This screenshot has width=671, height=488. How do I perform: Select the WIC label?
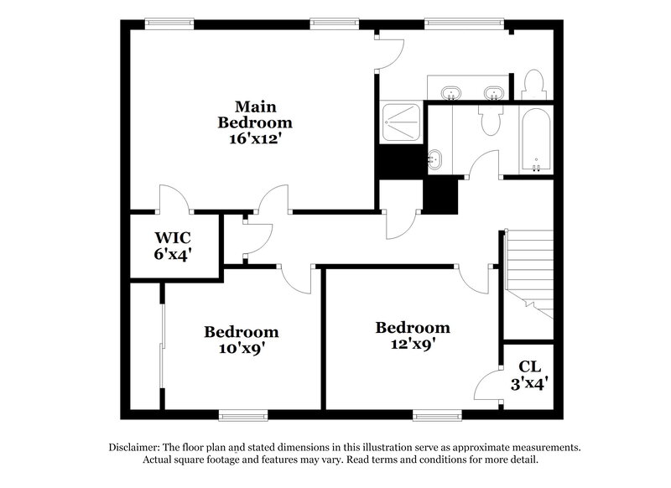[x=171, y=236]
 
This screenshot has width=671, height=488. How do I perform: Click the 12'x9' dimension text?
[x=412, y=343]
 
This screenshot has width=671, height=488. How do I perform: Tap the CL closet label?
[x=528, y=366]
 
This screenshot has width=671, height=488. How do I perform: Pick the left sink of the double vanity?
[x=451, y=91]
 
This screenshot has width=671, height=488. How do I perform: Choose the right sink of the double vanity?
[x=494, y=91]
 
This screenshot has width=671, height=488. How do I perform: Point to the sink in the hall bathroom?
[x=435, y=157]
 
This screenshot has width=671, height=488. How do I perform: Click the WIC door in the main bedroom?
[x=174, y=200]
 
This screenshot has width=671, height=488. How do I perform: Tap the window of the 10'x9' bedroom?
[x=242, y=413]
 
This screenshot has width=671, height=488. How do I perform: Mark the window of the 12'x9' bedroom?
[x=436, y=413]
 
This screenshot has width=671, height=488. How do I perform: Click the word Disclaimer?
[x=136, y=448]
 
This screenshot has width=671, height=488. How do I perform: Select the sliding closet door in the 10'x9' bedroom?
[x=163, y=345]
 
